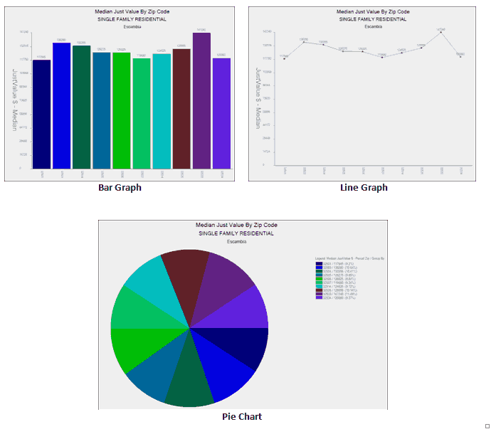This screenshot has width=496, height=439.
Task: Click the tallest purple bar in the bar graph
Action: pos(201,100)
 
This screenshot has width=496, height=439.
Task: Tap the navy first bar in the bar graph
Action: pos(41,114)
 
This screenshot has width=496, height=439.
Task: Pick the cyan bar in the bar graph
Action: pos(162,111)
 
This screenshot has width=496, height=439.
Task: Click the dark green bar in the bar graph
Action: pos(81,107)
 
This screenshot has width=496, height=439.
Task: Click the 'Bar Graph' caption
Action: pos(120,188)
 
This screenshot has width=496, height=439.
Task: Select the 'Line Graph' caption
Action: pos(364,188)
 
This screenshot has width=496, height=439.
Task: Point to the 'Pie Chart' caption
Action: pos(241,416)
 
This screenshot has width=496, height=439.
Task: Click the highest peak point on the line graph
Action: pos(441,33)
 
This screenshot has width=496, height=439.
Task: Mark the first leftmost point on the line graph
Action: pos(284,59)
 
